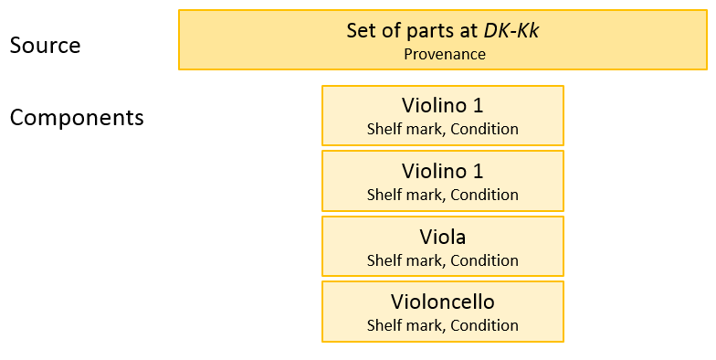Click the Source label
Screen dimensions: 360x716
point(45,45)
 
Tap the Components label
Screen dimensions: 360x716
point(77,118)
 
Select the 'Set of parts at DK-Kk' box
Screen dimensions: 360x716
point(442,40)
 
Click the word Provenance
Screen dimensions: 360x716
point(444,54)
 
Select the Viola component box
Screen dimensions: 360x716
point(442,247)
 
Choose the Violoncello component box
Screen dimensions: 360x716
point(442,312)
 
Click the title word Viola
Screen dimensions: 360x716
point(443,238)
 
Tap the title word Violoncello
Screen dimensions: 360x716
point(443,302)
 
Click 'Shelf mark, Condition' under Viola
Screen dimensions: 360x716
point(443,260)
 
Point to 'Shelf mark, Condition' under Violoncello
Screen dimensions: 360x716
point(443,325)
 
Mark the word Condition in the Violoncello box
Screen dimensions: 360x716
point(486,325)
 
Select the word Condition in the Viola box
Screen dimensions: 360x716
point(486,260)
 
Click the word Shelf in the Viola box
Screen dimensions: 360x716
point(383,260)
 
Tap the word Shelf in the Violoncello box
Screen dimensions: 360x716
point(383,325)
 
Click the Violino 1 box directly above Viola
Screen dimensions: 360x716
point(442,181)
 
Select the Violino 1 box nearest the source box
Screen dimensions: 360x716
point(442,115)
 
